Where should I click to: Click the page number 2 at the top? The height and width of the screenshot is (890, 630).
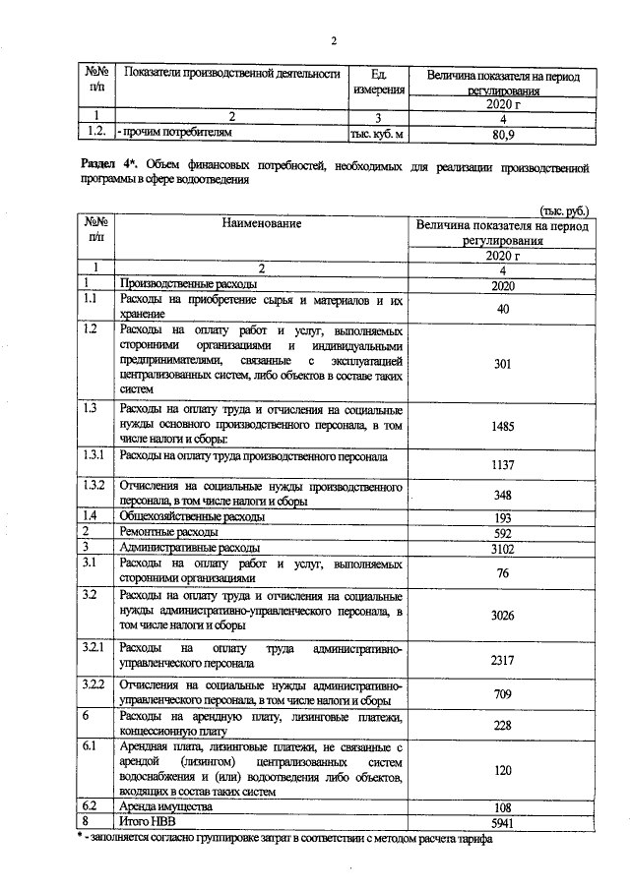tap(333, 40)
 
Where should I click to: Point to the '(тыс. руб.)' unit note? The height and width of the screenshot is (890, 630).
tap(564, 209)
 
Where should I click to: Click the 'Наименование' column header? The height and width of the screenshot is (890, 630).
tap(261, 224)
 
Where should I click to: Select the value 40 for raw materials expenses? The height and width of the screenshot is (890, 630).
tap(502, 309)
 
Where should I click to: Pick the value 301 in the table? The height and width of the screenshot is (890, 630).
tap(502, 362)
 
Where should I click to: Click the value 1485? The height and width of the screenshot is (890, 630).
tap(502, 427)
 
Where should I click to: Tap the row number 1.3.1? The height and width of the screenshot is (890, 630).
tap(95, 456)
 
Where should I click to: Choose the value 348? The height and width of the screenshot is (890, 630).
tap(502, 495)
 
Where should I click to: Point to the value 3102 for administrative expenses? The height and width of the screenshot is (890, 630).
tap(502, 547)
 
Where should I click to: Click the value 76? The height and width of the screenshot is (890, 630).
tap(502, 572)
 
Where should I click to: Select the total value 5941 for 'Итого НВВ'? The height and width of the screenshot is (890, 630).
tap(502, 820)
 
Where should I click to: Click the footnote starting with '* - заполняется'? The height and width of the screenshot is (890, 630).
tap(284, 838)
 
